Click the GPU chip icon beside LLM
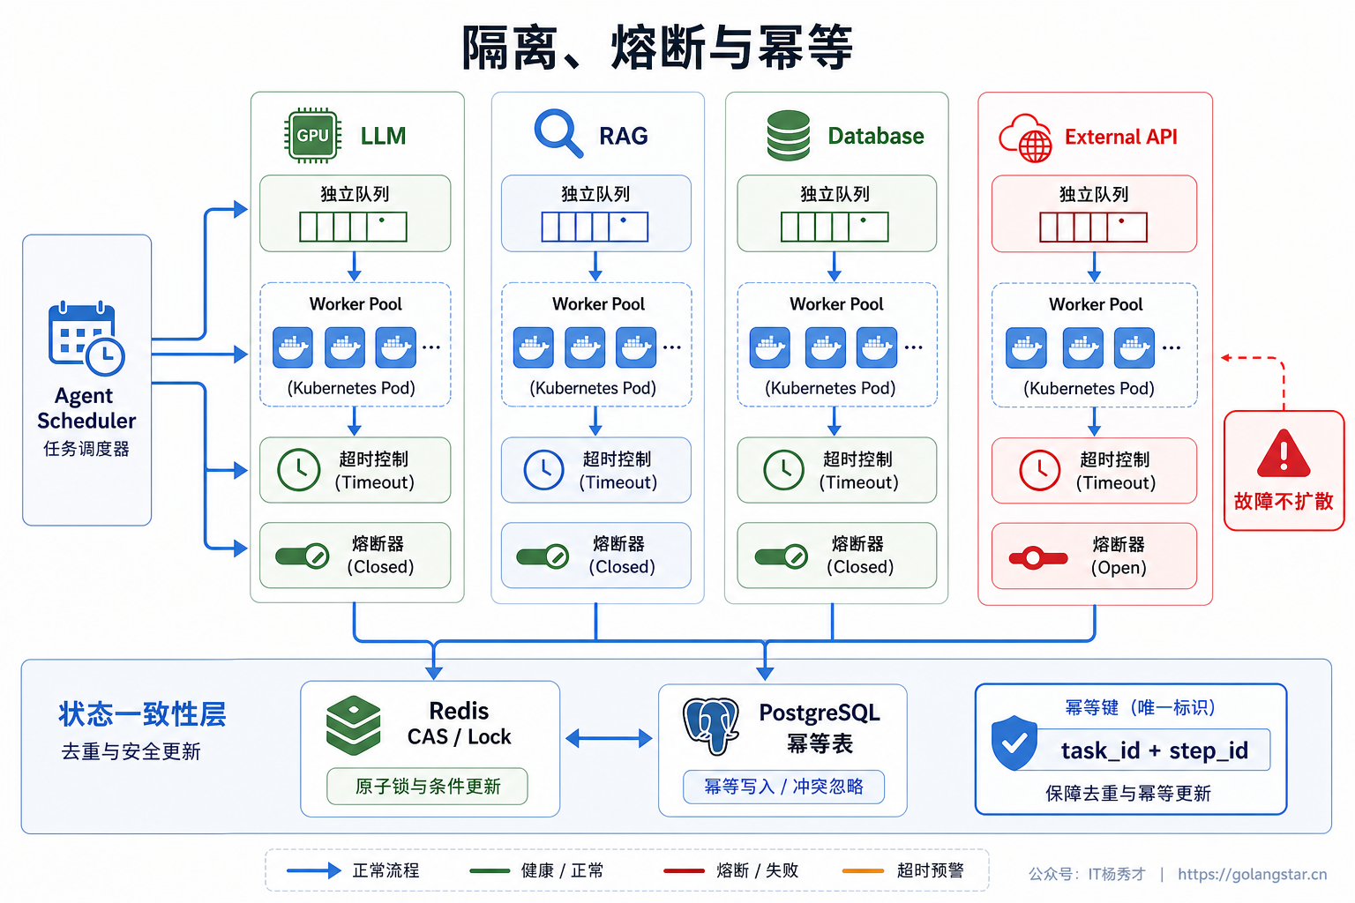coord(313,136)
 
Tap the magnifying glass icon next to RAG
coord(558,132)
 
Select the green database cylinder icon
coord(788,136)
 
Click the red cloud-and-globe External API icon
coord(1026,138)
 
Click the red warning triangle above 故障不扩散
coord(1284,453)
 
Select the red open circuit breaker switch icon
coord(1038,557)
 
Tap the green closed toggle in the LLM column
coord(302,556)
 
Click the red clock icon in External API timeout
coord(1039,470)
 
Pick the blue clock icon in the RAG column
coord(543,469)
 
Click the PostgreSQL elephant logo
coord(711,727)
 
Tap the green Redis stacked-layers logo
coord(353,725)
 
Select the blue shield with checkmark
coord(1014,743)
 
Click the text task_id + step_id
coord(1154,750)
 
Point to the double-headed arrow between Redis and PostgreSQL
coord(609,738)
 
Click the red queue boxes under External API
coord(1093,228)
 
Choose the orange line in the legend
coord(864,871)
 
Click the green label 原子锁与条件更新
coord(428,787)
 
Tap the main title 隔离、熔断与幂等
coord(657,47)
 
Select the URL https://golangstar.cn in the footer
coord(1252,874)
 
